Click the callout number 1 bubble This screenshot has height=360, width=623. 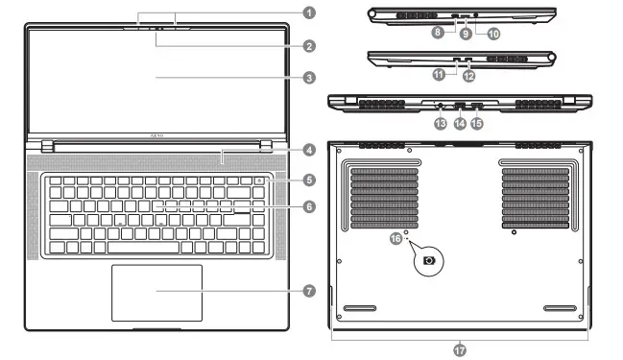coord(309,12)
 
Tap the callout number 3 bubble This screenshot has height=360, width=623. coord(309,78)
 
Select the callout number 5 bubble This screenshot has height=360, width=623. coord(309,180)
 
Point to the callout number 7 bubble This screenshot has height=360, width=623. coord(309,290)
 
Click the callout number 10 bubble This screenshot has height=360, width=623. coord(494,34)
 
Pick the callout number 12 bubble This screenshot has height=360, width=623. coord(468,74)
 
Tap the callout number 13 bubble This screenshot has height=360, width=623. coord(441,124)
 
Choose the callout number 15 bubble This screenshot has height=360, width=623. coord(477,124)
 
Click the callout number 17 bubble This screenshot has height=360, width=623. coord(459,350)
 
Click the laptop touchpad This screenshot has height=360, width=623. coord(156,293)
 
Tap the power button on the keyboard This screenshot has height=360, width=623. coord(260,181)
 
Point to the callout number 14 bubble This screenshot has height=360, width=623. coord(460,124)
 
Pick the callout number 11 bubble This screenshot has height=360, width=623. coord(438,74)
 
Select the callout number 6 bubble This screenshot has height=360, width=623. coord(309,206)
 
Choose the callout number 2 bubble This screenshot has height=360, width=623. coord(309,45)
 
